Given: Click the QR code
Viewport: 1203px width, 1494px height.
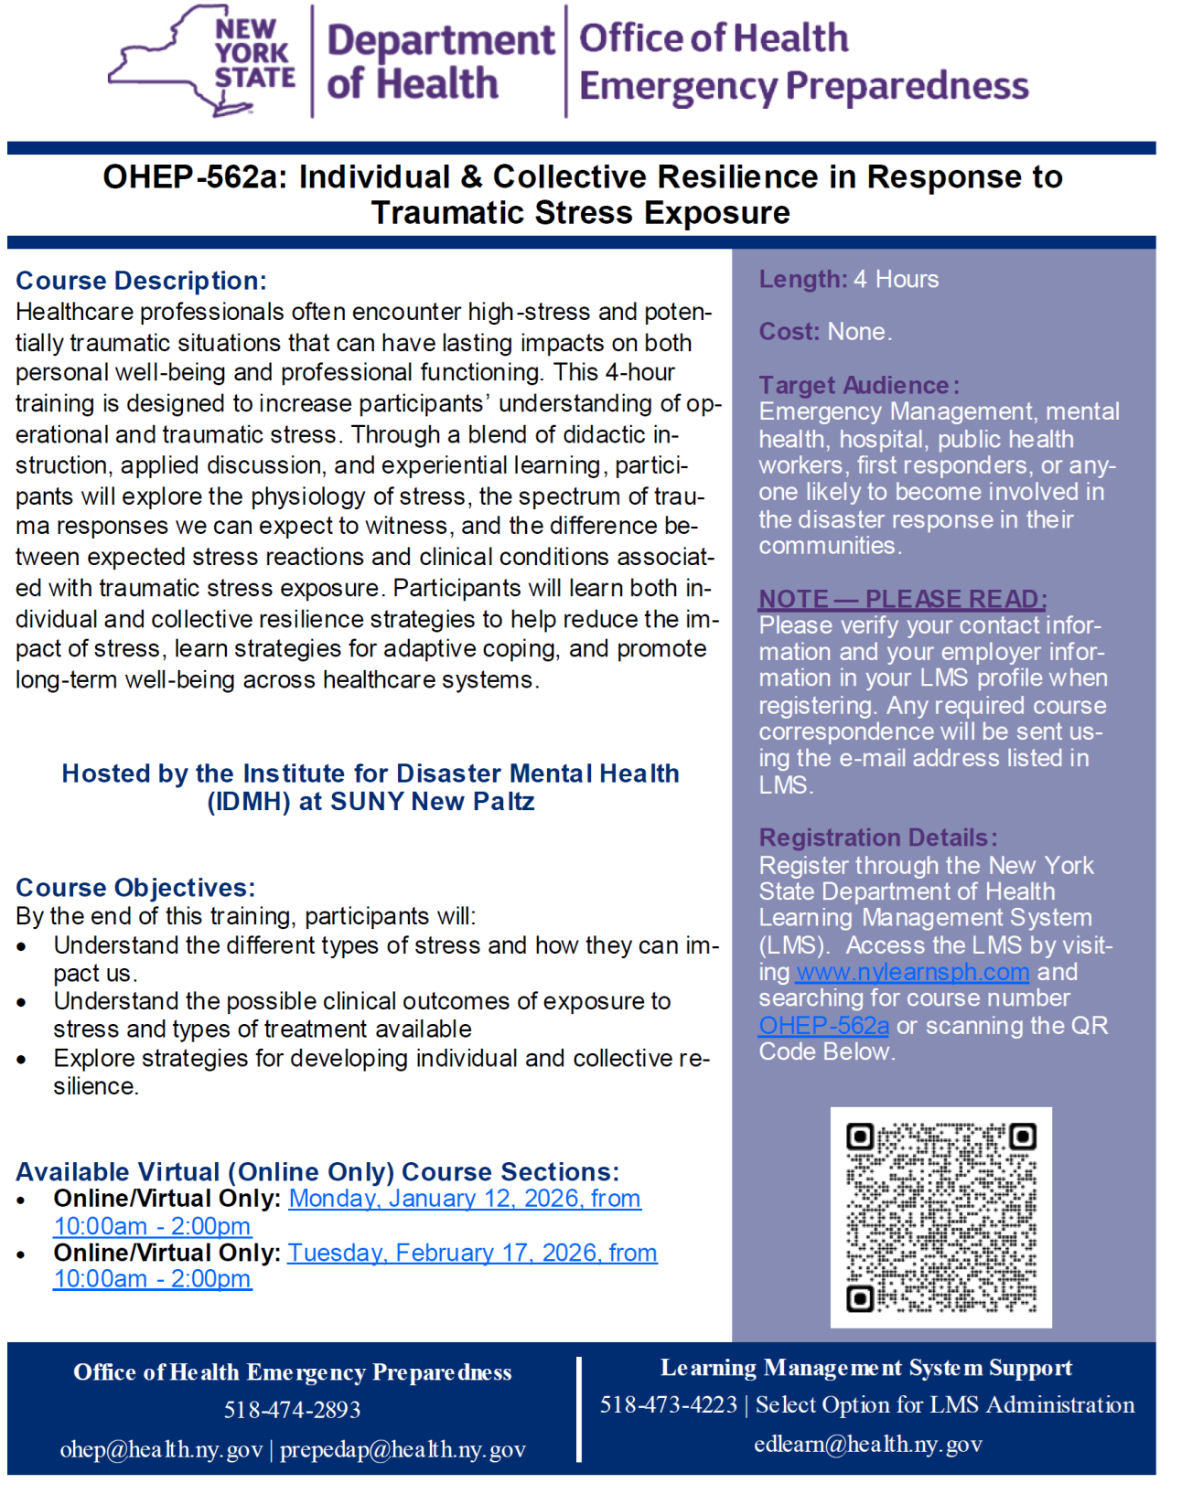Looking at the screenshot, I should point(940,1217).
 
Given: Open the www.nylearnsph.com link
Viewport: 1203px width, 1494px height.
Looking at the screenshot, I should point(912,971).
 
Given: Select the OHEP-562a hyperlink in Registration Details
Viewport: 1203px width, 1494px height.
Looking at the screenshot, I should point(823,1025).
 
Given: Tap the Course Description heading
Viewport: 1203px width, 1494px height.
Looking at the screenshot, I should point(141,281).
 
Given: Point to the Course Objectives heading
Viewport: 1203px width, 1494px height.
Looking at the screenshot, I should point(135,887).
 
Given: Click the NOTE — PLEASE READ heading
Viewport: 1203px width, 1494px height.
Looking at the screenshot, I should point(902,599).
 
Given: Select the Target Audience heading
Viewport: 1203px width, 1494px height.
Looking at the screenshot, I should point(858,385).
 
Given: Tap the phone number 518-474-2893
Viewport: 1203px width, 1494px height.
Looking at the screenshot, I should point(293,1410).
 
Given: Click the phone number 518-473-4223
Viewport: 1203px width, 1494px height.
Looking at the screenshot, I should point(668,1404).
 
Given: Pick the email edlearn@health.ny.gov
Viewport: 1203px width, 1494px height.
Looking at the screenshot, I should point(867,1444).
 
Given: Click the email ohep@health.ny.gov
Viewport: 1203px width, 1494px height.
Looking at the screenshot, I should point(161,1449).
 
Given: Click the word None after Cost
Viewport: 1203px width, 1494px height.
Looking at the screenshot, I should point(859,331).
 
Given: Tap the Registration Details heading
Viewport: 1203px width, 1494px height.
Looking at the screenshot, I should point(877,838).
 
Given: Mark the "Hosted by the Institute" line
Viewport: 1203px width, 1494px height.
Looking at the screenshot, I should point(371,774).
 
